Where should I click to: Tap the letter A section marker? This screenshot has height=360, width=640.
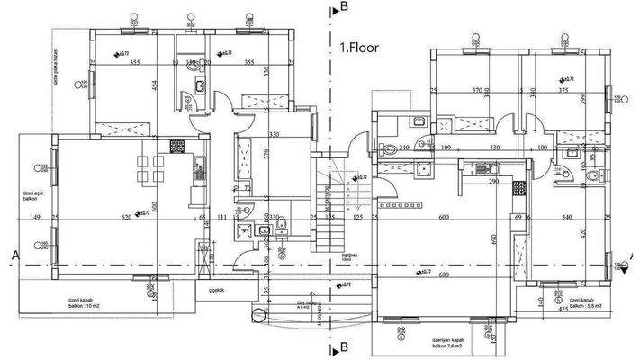pyautogui.click(x=15, y=255)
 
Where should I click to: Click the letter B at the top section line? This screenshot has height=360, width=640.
pyautogui.click(x=344, y=7)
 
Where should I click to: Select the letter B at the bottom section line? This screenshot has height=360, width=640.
pyautogui.click(x=344, y=346)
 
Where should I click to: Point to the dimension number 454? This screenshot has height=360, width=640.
pyautogui.click(x=154, y=86)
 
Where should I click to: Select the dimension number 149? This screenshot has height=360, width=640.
pyautogui.click(x=35, y=218)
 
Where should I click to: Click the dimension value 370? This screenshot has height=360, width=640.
pyautogui.click(x=478, y=91)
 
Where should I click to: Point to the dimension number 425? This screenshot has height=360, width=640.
pyautogui.click(x=564, y=310)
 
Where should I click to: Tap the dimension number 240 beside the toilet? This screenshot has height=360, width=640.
pyautogui.click(x=404, y=147)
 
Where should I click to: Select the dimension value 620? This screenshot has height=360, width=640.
pyautogui.click(x=125, y=218)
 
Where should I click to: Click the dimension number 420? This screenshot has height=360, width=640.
pyautogui.click(x=608, y=233)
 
